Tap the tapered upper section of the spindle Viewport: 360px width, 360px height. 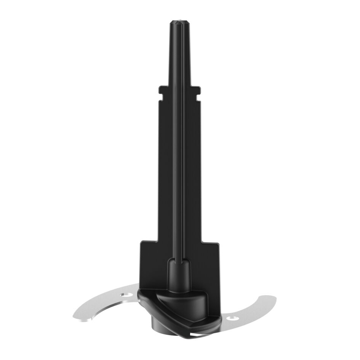coord(179,53)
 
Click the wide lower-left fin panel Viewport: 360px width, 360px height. coord(152,267)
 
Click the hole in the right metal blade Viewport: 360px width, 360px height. coord(233,318)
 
